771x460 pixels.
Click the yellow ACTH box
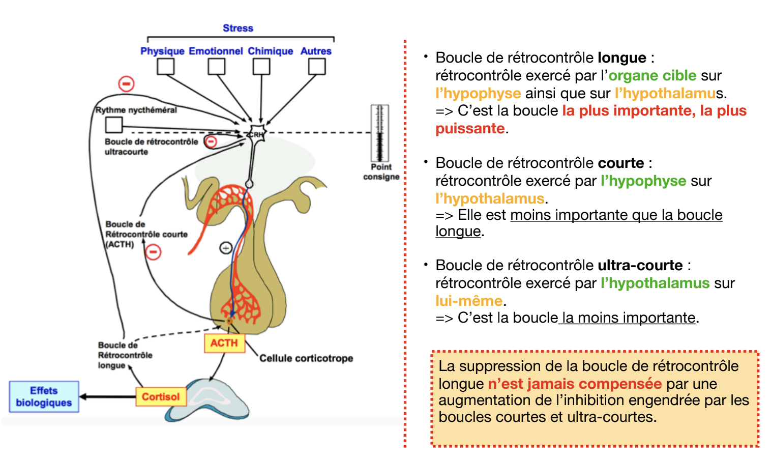pos(224,343)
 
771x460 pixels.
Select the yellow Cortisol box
pos(161,396)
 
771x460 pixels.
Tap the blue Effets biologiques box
pos(44,396)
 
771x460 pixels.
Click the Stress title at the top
pos(238,28)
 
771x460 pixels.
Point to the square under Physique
pos(165,67)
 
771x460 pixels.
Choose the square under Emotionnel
pos(216,67)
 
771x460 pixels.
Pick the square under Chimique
pos(261,67)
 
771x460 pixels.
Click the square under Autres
pos(317,67)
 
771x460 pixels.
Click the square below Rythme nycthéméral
pos(114,125)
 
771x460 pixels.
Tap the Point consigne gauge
pos(379,133)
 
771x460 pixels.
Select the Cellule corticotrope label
pos(306,358)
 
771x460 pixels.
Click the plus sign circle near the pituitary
pos(226,248)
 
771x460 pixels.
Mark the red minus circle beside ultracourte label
pos(211,141)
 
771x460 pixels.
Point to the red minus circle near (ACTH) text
pos(153,251)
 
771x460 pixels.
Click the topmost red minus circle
pos(126,83)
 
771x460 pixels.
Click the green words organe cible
pos(653,75)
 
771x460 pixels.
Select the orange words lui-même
pos(469,301)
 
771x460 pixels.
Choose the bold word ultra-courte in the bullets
pos(640,265)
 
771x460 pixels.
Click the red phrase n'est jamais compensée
pos(575,384)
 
